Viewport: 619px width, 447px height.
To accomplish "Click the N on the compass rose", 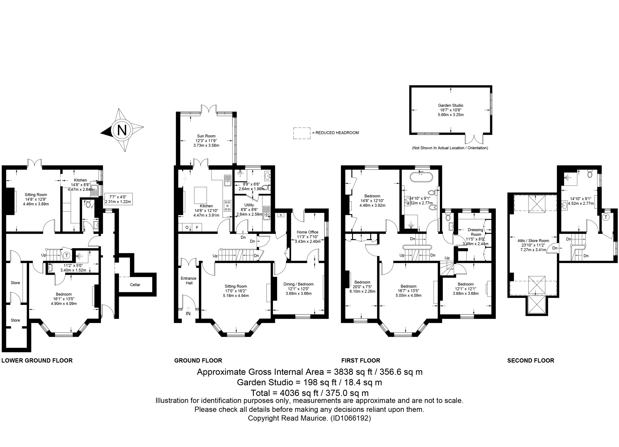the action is point(122,130).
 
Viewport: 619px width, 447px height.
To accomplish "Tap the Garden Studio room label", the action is point(451,105).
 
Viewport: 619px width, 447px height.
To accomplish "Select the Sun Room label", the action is point(206,136).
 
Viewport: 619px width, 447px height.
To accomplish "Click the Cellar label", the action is point(135,285).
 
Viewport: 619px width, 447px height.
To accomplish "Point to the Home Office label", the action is point(308,232).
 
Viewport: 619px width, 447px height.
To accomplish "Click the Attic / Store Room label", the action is point(533,241).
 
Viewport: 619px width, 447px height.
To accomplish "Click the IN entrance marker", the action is point(188,314).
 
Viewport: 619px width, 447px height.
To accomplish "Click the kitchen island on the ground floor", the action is point(200,195).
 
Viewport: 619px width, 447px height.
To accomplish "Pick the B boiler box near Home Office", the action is point(281,215).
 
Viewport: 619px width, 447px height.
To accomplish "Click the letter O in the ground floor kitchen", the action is point(187,227).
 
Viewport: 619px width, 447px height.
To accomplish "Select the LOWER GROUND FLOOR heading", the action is point(37,361).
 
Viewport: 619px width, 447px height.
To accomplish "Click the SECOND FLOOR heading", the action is point(530,361).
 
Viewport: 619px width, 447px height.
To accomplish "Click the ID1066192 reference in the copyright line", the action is point(350,418).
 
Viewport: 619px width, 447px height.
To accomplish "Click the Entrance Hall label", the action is point(189,281).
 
